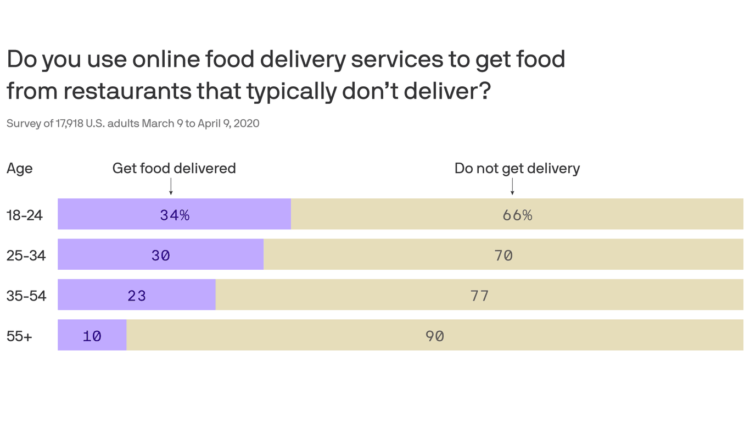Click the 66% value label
tap(517, 215)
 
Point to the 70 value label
tap(503, 256)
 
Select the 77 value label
tap(479, 296)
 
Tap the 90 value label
tap(435, 336)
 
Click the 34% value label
tap(175, 215)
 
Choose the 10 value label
tap(92, 336)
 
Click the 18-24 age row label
tap(25, 215)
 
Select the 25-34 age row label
tap(26, 256)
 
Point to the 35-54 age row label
tap(26, 296)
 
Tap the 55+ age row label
tap(19, 336)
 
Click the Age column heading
tap(19, 169)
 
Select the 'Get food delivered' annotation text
tap(174, 168)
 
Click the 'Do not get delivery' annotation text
tap(517, 168)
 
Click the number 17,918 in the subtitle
tap(69, 124)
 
